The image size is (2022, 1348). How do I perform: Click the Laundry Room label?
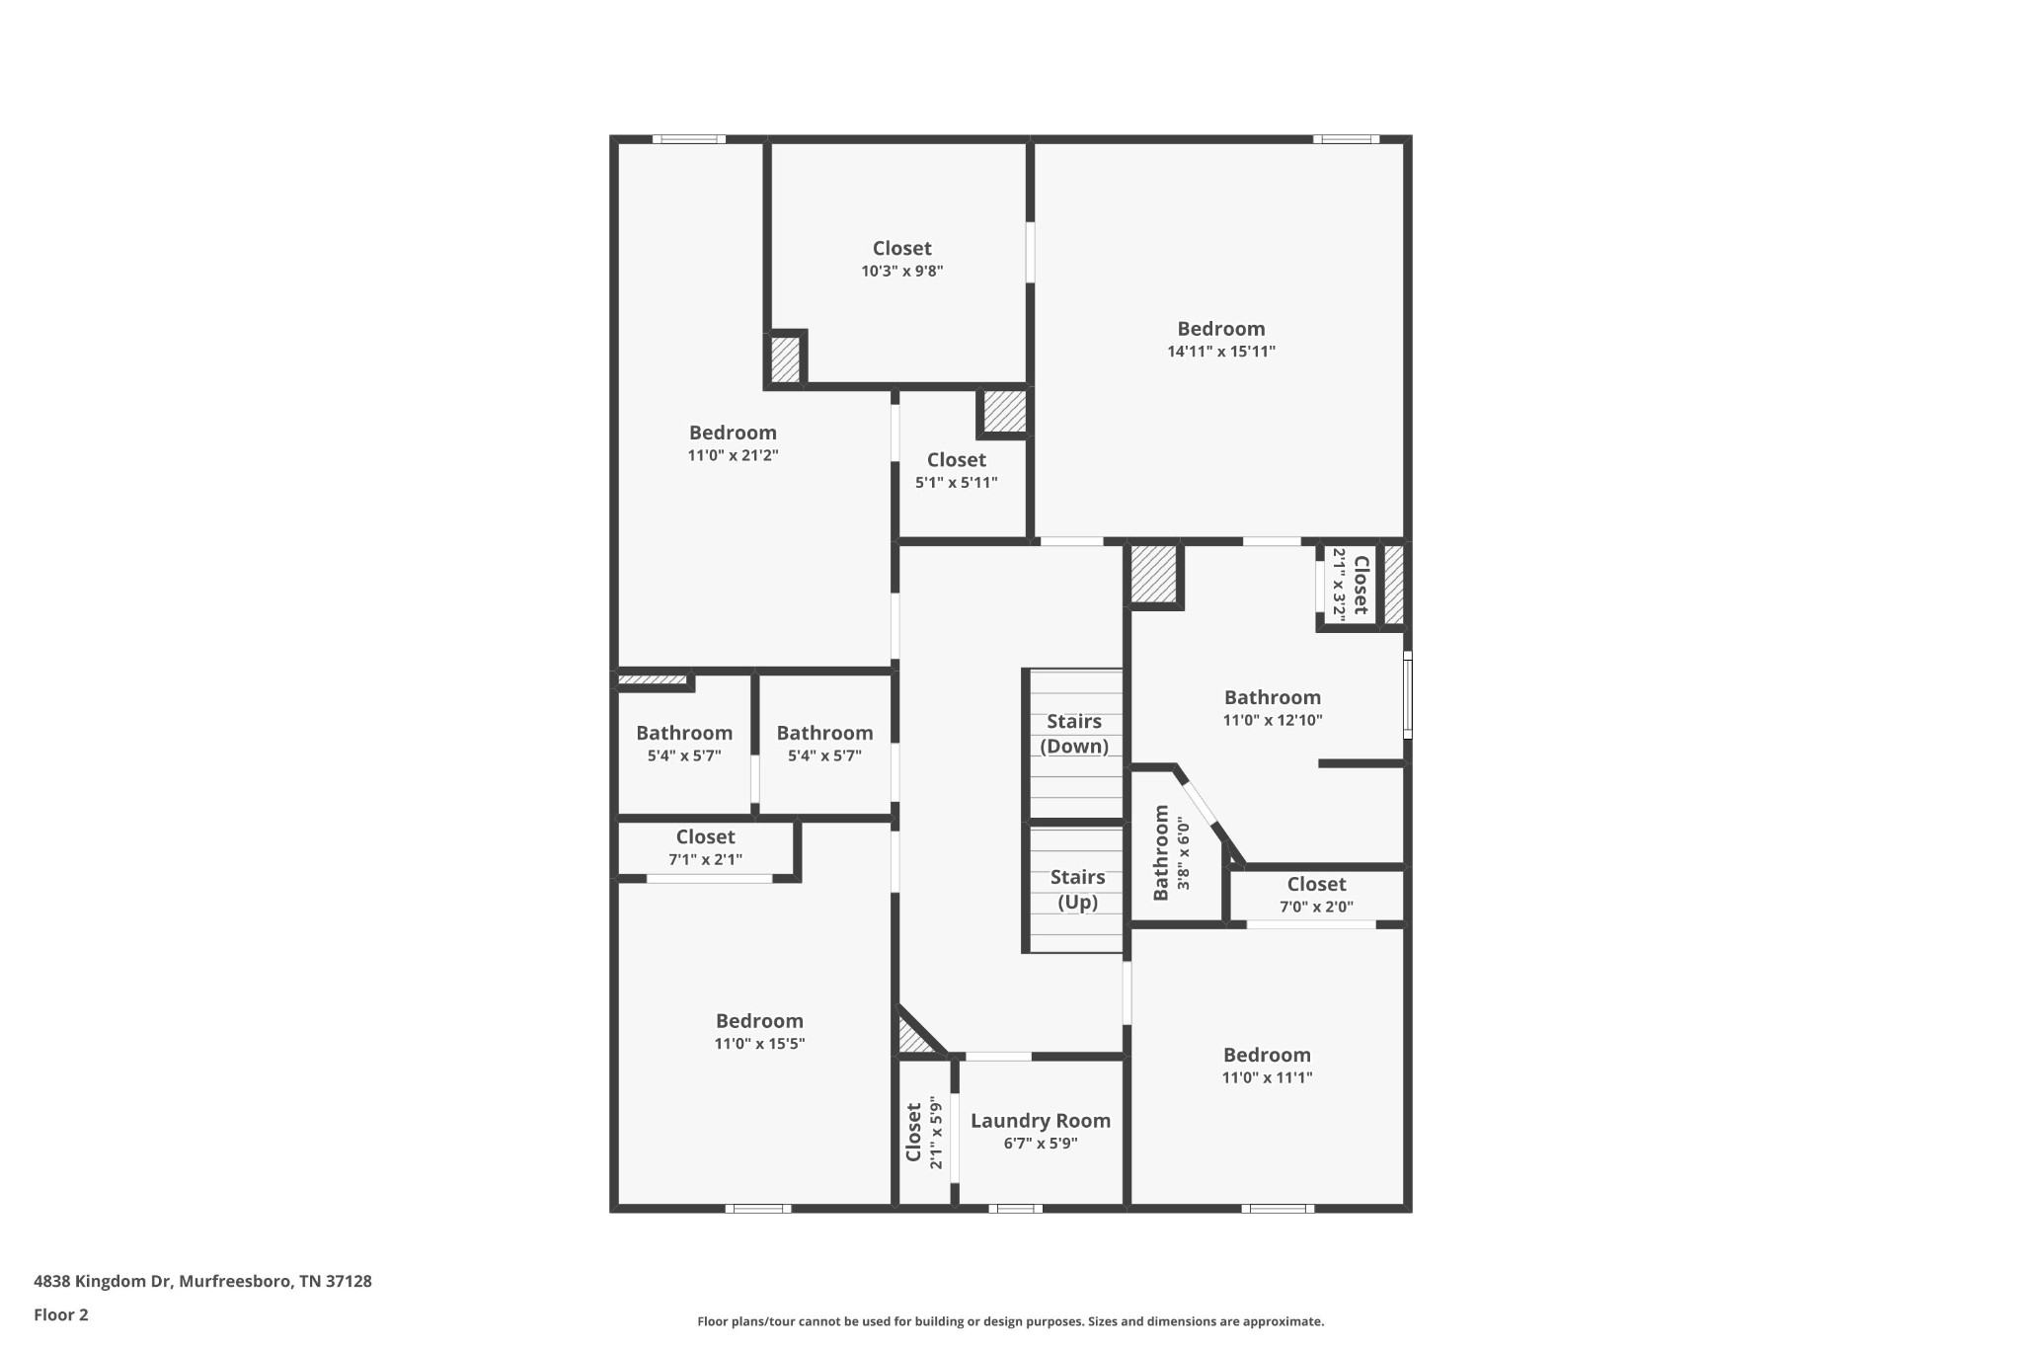pyautogui.click(x=1040, y=1121)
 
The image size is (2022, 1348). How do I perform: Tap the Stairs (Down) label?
pyautogui.click(x=1074, y=734)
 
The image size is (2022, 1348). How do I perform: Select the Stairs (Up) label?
pyautogui.click(x=1077, y=889)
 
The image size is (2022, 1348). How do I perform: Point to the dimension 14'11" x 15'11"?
pyautogui.click(x=1221, y=352)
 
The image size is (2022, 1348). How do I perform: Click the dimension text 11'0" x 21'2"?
pyautogui.click(x=733, y=455)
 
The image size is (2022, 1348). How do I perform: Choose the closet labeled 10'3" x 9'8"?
pyautogui.click(x=901, y=259)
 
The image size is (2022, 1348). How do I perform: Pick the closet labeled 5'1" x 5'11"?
pyautogui.click(x=956, y=470)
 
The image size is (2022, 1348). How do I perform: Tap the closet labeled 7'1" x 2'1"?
pyautogui.click(x=705, y=847)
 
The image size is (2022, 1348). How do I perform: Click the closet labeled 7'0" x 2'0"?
pyautogui.click(x=1316, y=894)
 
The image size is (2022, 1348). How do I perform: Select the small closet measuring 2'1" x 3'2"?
pyautogui.click(x=1350, y=585)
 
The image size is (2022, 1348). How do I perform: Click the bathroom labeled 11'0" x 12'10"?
pyautogui.click(x=1272, y=707)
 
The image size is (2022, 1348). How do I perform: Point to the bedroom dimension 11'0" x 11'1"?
pyautogui.click(x=1267, y=1077)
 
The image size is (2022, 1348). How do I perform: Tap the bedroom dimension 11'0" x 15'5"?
pyautogui.click(x=759, y=1044)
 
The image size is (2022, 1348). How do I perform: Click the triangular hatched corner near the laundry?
pyautogui.click(x=912, y=1038)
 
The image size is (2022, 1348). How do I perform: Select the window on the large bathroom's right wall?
pyautogui.click(x=1407, y=695)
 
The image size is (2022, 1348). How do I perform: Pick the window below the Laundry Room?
pyautogui.click(x=1015, y=1208)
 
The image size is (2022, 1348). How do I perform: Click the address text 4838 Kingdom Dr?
pyautogui.click(x=202, y=1282)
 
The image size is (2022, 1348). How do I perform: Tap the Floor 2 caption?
pyautogui.click(x=61, y=1314)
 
